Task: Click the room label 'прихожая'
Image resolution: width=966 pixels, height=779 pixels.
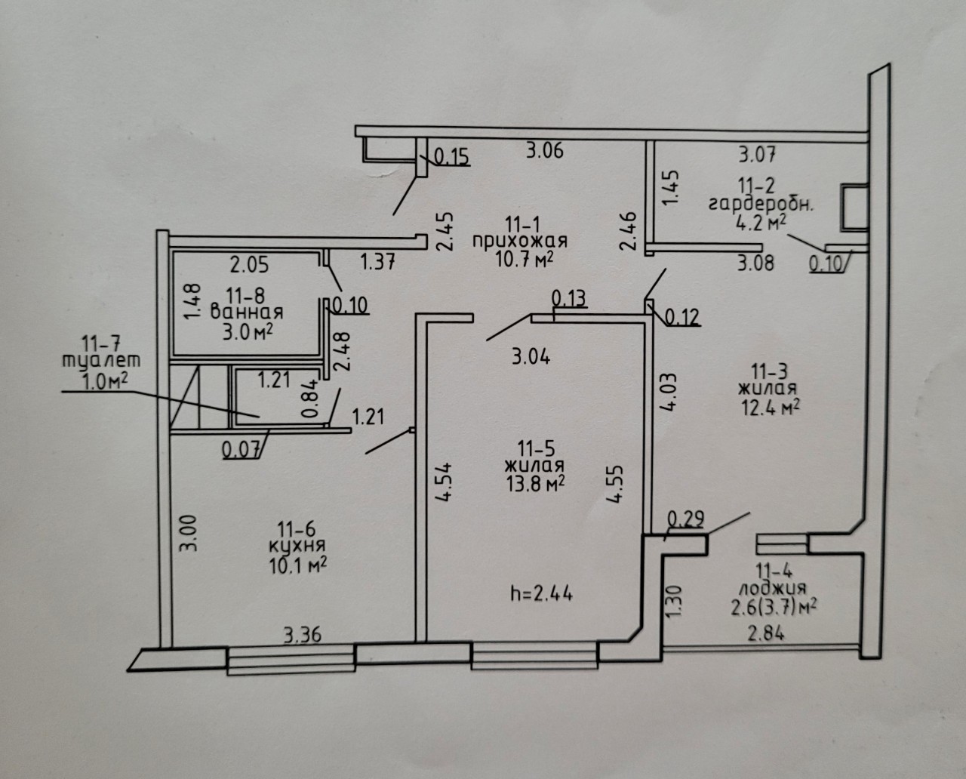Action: pyautogui.click(x=520, y=242)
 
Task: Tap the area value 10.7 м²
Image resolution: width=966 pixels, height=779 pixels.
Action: pyautogui.click(x=525, y=260)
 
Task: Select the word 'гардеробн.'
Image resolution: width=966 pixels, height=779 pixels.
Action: pyautogui.click(x=761, y=205)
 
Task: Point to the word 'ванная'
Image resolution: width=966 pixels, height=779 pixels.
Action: pyautogui.click(x=247, y=313)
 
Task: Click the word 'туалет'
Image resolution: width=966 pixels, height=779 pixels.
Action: pyautogui.click(x=101, y=362)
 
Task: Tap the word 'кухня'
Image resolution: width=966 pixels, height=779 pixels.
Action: pyautogui.click(x=297, y=547)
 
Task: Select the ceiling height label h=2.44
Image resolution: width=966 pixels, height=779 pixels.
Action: pyautogui.click(x=542, y=594)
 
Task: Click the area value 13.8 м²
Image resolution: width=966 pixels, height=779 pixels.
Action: pyautogui.click(x=535, y=484)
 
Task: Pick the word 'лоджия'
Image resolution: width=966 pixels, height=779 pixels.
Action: pyautogui.click(x=773, y=589)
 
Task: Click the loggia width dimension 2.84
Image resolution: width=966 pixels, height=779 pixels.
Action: pyautogui.click(x=766, y=633)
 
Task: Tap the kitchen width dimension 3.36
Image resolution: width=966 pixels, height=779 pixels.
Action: pyautogui.click(x=303, y=635)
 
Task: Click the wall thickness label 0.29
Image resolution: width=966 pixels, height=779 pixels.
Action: pyautogui.click(x=686, y=519)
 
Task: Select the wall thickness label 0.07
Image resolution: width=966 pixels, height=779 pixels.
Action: pyautogui.click(x=241, y=449)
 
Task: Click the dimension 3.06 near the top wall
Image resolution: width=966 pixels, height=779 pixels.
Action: pyautogui.click(x=544, y=150)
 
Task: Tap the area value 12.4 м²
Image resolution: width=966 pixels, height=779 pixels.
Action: pyautogui.click(x=771, y=409)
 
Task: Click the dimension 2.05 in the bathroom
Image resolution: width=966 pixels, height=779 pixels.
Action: pyautogui.click(x=249, y=265)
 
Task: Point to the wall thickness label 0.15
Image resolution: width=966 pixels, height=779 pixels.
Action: pyautogui.click(x=452, y=157)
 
